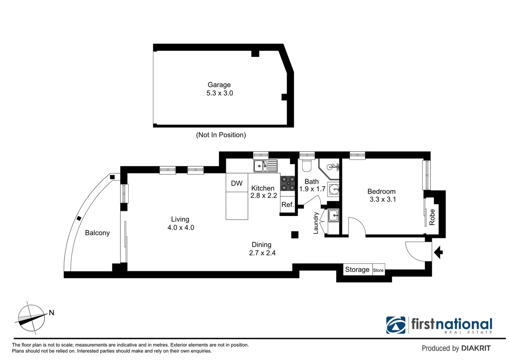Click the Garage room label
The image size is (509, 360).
219,85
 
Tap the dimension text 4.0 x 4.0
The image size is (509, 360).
181,228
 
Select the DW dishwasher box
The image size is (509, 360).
237,183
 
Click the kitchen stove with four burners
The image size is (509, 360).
288,183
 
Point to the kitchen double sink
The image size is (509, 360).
265,166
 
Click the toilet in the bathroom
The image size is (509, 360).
306,166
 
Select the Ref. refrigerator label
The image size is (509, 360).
287,205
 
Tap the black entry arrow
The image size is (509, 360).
438,252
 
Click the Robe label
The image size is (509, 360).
432,217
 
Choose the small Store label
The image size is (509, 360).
378,270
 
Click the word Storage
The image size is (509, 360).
357,269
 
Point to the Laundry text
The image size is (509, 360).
316,223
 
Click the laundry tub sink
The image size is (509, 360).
333,216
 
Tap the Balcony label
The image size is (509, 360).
97,233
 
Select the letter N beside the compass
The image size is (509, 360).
51,313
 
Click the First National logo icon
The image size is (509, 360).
396,325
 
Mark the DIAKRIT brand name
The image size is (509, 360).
476,348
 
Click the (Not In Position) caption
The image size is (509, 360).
221,135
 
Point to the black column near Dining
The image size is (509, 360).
295,235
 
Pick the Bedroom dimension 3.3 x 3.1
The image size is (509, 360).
383,199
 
